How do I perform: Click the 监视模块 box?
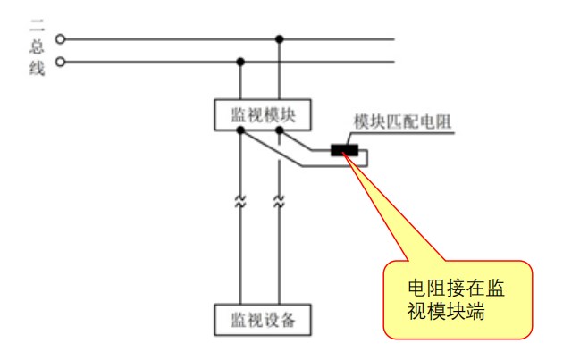tap(260, 114)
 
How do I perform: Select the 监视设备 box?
tap(260, 318)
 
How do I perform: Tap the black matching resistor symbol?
tap(344, 149)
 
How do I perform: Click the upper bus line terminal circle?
tap(61, 39)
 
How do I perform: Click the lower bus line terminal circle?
tap(61, 62)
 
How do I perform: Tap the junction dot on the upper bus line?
tap(281, 39)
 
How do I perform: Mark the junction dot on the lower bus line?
tap(239, 62)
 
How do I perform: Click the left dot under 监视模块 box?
tap(239, 130)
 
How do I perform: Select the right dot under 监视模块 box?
tap(281, 130)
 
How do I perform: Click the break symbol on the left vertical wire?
tap(239, 203)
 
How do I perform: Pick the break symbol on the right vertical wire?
tap(281, 203)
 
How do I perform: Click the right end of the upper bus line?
tap(394, 39)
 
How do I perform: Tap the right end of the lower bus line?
tap(394, 62)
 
